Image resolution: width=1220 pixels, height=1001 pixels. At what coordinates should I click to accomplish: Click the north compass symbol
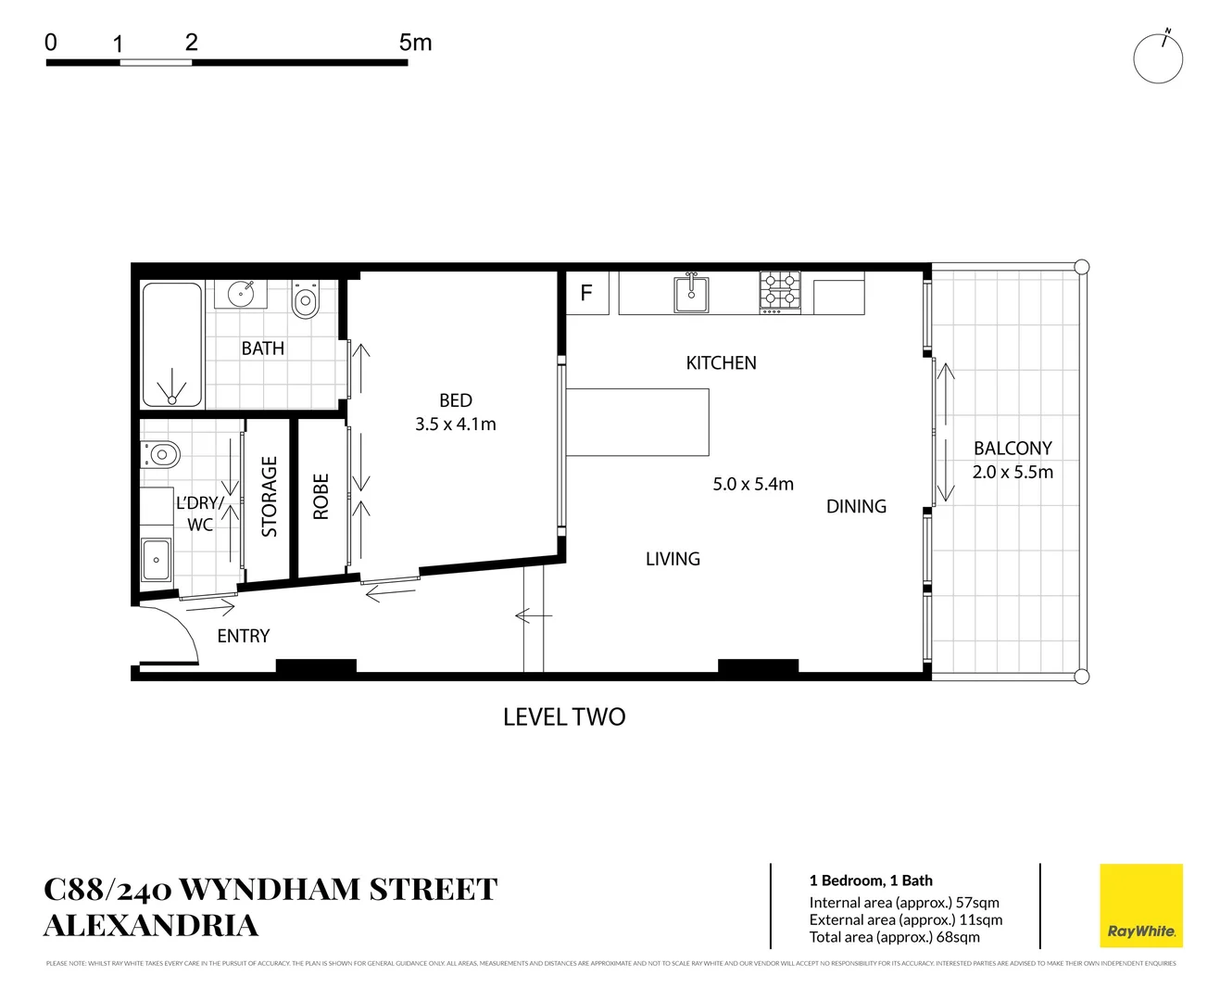(x=1158, y=58)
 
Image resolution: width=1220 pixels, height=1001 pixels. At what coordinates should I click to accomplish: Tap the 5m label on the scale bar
(x=415, y=43)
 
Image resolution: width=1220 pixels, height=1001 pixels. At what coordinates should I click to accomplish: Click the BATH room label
(x=263, y=348)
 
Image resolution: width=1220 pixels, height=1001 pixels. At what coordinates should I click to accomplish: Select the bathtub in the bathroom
(x=171, y=344)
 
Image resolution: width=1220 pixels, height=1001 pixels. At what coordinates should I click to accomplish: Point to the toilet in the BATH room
(x=305, y=300)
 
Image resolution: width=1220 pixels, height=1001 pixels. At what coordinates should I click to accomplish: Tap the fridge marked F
(x=586, y=293)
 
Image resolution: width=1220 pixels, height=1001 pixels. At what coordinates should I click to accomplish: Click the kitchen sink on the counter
(x=691, y=294)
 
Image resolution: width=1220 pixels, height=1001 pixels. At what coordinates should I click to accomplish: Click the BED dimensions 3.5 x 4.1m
(x=456, y=424)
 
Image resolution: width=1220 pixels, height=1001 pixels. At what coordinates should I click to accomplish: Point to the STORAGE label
(x=270, y=496)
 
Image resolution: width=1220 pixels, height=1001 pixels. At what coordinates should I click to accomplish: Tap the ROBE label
(x=321, y=497)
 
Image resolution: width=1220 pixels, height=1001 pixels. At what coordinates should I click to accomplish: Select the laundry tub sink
(x=156, y=559)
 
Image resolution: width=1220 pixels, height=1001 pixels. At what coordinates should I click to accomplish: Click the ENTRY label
(x=244, y=636)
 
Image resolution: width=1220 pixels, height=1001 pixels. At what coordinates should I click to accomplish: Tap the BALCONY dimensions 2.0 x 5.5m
(x=1012, y=472)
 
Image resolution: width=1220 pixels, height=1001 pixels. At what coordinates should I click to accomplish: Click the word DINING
(x=856, y=506)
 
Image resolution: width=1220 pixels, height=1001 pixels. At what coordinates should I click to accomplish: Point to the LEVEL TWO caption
(x=564, y=716)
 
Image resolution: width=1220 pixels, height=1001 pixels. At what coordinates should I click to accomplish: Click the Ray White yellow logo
(x=1140, y=906)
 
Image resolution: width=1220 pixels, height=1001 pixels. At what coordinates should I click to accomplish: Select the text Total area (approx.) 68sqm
(x=894, y=937)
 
